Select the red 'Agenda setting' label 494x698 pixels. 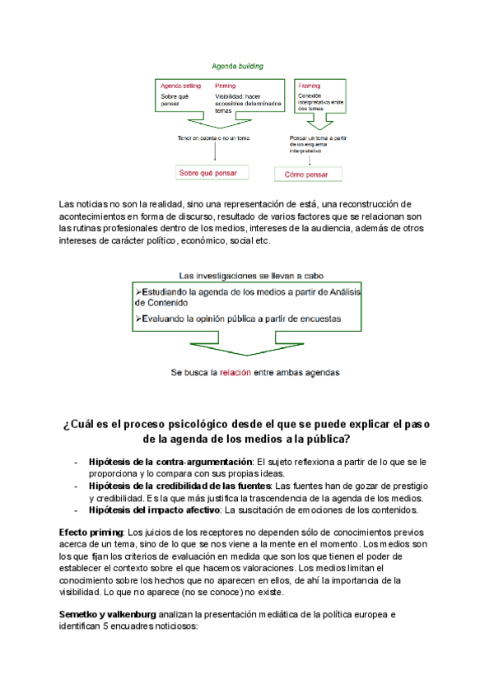[180, 86]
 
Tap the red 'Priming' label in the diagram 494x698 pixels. [225, 86]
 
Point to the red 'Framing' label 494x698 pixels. [310, 86]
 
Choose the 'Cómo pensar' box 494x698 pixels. [308, 174]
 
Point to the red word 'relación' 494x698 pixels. [226, 372]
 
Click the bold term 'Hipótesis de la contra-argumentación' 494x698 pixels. [170, 462]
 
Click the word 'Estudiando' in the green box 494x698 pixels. [168, 292]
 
